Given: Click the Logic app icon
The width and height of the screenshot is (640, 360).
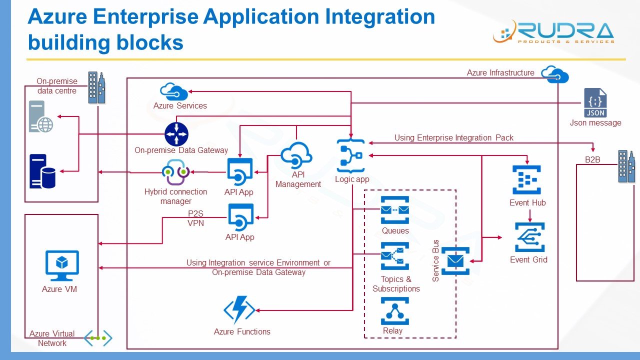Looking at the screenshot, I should [351, 156].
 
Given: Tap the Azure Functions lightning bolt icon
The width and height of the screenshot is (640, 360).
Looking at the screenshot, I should [239, 309].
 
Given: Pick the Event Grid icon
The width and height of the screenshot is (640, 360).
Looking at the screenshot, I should [529, 237].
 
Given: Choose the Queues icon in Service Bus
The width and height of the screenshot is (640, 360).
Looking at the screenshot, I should [394, 210].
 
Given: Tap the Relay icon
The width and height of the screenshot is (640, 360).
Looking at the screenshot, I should [394, 311].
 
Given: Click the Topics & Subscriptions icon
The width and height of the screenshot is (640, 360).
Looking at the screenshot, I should [394, 256].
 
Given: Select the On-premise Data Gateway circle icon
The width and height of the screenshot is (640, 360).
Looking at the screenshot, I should [176, 134].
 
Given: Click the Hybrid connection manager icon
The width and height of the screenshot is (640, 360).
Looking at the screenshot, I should [175, 172].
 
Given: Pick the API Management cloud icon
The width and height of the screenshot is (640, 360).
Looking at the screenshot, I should [296, 155].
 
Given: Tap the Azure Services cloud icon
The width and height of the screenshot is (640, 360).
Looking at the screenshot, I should [173, 91].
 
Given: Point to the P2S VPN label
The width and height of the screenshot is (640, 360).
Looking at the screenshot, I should [195, 218].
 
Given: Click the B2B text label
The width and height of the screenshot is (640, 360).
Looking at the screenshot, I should [592, 160].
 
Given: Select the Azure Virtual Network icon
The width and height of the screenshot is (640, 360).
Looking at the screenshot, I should [97, 338].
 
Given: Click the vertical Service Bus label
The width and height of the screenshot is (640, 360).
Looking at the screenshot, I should [435, 261].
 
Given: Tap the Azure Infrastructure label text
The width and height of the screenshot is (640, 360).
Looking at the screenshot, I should [500, 73].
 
